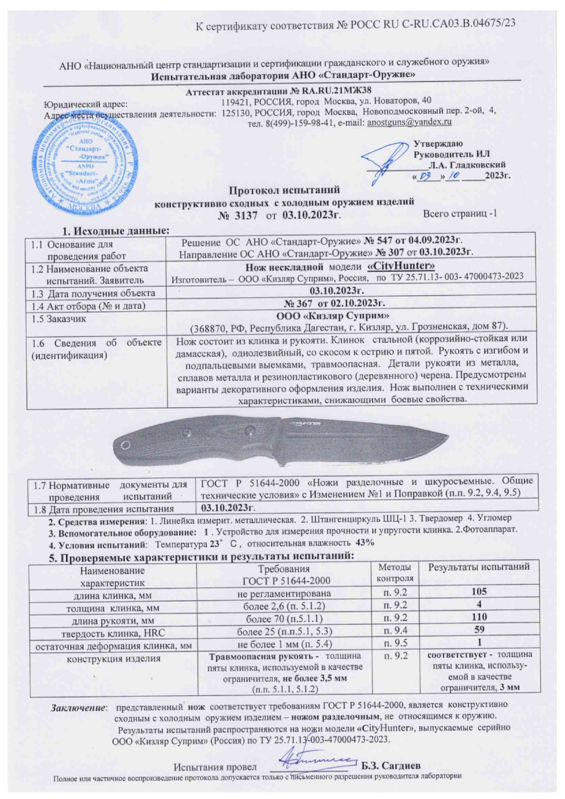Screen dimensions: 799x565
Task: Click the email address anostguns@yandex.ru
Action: coord(409,122)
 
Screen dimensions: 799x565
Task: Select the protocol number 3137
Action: coord(247,215)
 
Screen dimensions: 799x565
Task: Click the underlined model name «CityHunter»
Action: coord(401,265)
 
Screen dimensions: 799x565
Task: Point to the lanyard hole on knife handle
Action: coord(126,445)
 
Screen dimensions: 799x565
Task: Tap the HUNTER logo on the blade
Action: coord(306,423)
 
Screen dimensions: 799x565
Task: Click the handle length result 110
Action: coord(479,617)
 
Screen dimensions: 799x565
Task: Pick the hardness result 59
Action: coord(479,630)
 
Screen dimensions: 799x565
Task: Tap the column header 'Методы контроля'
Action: coord(395,573)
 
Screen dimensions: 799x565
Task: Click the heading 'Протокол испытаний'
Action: coord(284,190)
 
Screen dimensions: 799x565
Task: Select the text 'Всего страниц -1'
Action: coord(460,214)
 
